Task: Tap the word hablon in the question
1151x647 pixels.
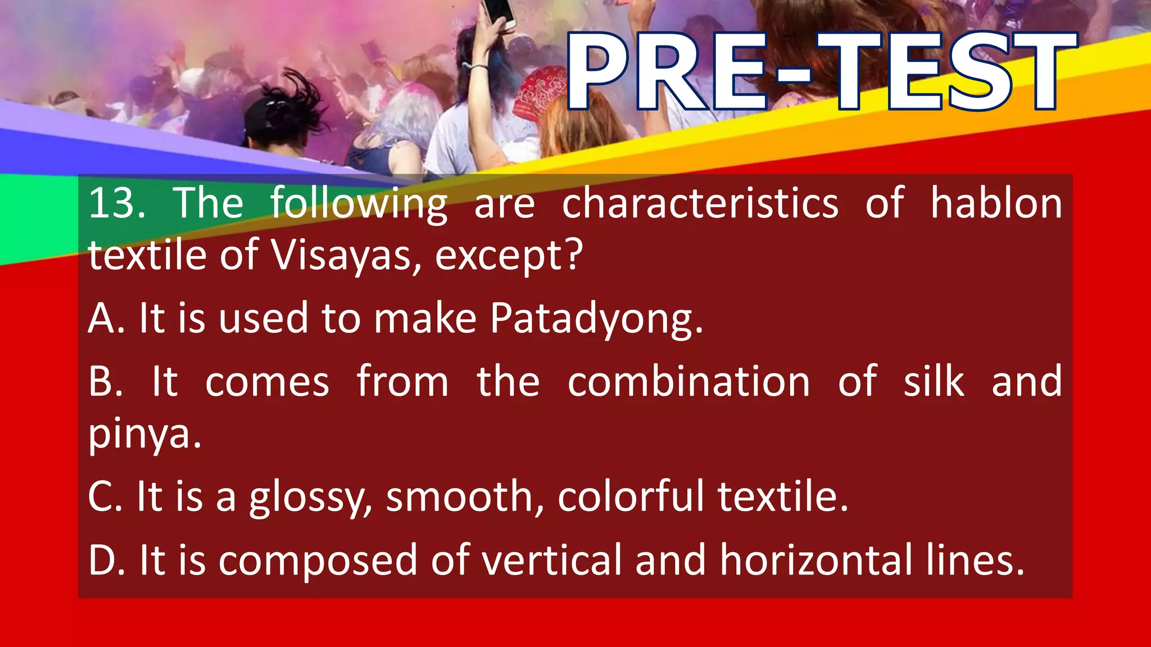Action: pos(996,203)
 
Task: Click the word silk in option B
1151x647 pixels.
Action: pos(934,382)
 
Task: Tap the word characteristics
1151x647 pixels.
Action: pos(700,203)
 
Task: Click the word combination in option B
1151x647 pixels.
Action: pos(688,382)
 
